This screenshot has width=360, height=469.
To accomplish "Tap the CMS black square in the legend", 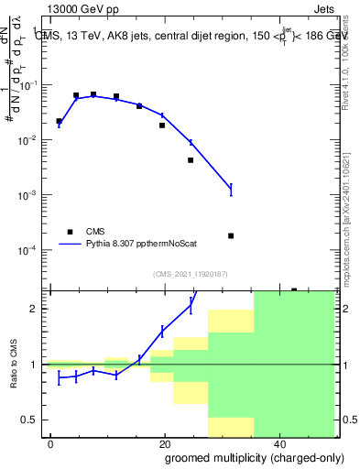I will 69,231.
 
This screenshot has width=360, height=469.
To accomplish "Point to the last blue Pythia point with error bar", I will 231,190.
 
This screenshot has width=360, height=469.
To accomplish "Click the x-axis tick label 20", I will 164,443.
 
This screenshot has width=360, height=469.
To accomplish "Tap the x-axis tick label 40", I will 278,443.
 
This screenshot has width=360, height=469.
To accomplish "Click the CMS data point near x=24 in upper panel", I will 191,160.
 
